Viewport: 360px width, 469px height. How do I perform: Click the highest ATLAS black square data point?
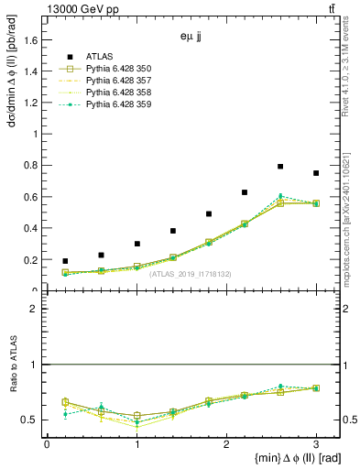pos(280,167)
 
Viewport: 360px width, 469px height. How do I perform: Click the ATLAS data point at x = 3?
pos(316,173)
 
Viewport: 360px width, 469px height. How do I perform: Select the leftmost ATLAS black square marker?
pos(65,261)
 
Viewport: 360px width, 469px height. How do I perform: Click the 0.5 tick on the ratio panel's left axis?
pos(29,420)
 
